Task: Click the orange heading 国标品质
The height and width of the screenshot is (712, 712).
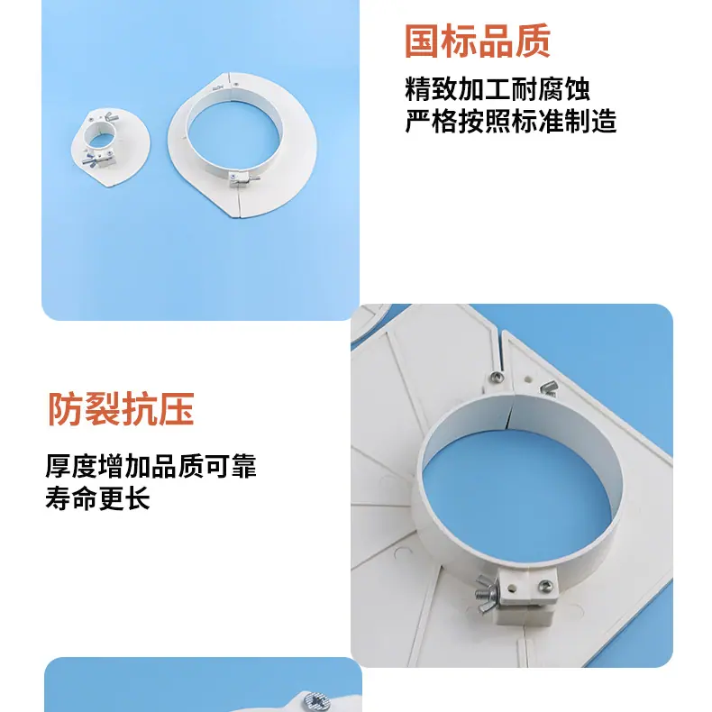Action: pos(478,41)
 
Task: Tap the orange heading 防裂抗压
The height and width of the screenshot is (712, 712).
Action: pos(122,408)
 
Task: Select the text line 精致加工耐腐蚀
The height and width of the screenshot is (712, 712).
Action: pos(497,89)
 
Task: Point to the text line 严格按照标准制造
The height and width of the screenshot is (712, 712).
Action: pos(510,121)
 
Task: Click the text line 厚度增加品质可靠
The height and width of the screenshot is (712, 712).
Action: pos(151,466)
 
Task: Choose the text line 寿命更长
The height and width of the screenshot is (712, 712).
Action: pos(97,497)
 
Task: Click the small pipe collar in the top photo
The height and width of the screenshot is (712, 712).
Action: pos(110,148)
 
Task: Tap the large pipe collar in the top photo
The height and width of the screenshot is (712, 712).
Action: pos(242,144)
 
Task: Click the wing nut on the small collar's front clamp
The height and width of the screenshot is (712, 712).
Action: pos(89,160)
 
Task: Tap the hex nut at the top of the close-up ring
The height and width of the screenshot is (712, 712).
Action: pos(497,377)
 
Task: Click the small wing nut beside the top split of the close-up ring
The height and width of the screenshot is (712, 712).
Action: pos(549,388)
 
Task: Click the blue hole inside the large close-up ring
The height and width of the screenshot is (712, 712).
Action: pos(516,504)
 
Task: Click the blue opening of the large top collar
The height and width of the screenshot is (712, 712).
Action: pos(233,135)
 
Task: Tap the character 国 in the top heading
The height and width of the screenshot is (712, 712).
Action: pos(423,41)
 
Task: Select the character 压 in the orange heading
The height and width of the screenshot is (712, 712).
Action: pos(177,408)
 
